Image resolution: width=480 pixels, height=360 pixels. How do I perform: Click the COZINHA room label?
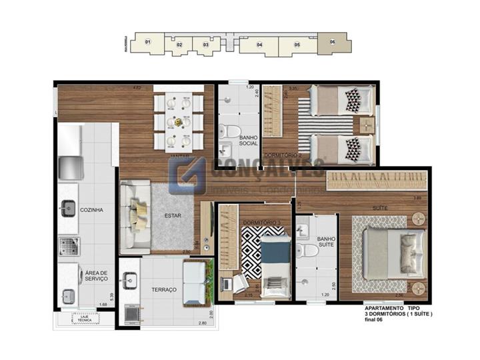(x=91, y=210)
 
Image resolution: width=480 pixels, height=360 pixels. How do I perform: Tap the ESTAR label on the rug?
(x=173, y=216)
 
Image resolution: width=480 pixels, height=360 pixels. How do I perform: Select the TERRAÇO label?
(x=163, y=290)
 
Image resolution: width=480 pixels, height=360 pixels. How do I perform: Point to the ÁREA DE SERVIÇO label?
(x=96, y=275)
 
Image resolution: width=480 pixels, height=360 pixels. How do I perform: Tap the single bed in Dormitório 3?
(x=271, y=261)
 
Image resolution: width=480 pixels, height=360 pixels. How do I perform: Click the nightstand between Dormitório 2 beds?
(x=365, y=124)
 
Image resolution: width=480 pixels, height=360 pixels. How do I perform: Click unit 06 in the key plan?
(x=332, y=42)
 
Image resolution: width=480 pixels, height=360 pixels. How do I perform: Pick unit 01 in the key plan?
(x=147, y=43)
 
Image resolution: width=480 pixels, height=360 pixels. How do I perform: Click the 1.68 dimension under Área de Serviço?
(x=103, y=305)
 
